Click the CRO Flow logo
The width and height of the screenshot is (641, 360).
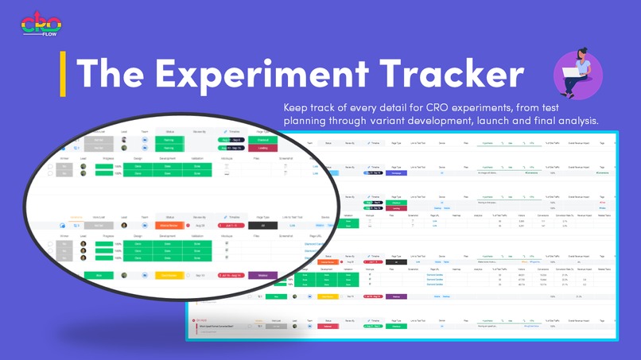(x=34, y=24)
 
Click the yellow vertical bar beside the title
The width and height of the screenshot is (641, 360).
(x=63, y=74)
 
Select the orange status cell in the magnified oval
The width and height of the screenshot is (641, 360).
(x=169, y=226)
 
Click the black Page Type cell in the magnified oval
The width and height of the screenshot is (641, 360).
(x=262, y=226)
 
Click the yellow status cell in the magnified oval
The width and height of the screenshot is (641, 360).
(x=169, y=276)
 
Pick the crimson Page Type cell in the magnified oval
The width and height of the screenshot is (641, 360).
(x=262, y=148)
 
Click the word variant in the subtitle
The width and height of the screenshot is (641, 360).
(x=360, y=122)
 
